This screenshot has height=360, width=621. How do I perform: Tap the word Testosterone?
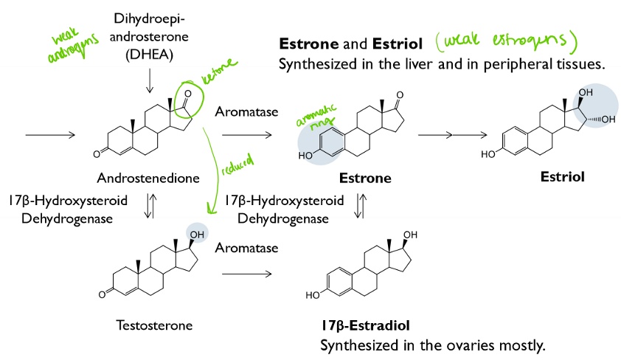[x=155, y=325]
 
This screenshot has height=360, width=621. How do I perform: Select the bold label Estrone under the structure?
[x=365, y=178]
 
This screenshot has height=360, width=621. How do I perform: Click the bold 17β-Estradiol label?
[x=365, y=325]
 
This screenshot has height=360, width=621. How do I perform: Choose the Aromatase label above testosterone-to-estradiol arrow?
[x=246, y=248]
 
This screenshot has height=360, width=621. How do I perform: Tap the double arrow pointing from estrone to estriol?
[x=452, y=135]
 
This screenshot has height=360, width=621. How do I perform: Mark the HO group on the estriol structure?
[x=488, y=155]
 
